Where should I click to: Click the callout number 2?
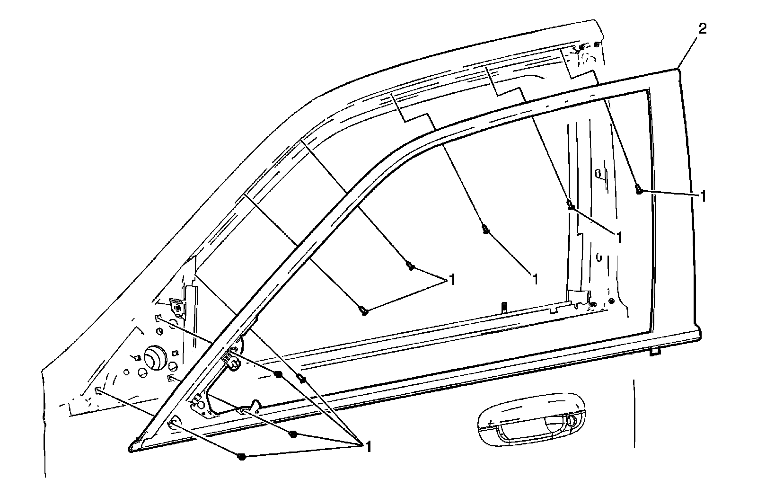[x=703, y=29]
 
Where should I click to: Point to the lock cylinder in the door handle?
[x=570, y=420]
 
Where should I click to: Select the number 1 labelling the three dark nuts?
[x=367, y=446]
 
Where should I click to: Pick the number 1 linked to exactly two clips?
[x=451, y=280]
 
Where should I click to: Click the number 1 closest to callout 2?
[x=704, y=196]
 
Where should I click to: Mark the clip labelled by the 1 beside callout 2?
[x=639, y=190]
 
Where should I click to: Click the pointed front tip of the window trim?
[x=132, y=447]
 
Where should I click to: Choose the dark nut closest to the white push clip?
[x=278, y=375]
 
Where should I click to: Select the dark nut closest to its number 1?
[x=293, y=434]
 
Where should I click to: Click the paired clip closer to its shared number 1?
[x=411, y=267]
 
